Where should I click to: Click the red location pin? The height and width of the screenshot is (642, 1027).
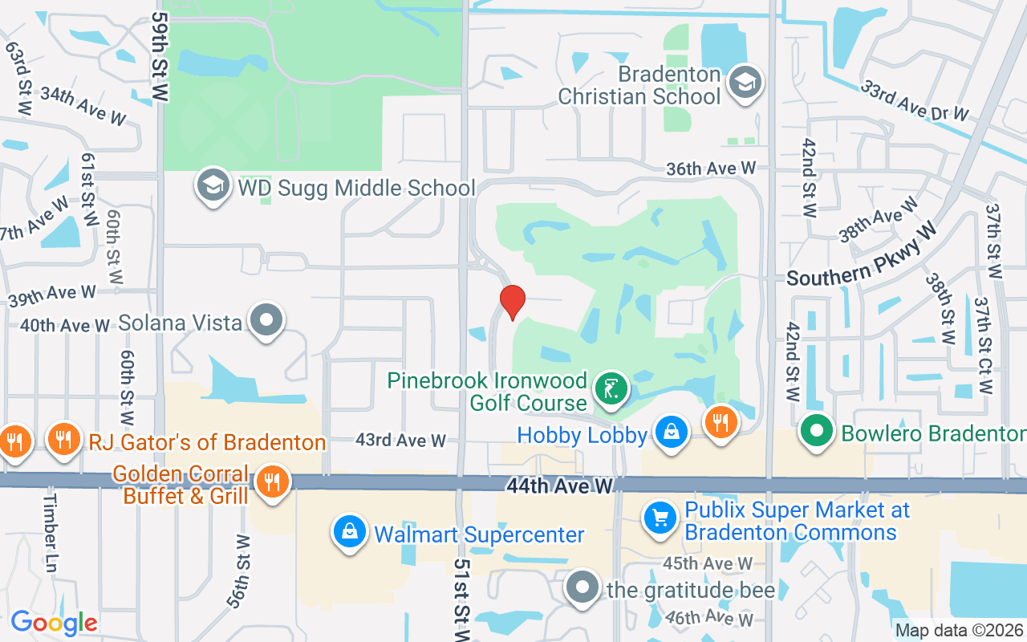point(512,302)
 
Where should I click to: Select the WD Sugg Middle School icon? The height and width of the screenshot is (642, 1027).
point(213,186)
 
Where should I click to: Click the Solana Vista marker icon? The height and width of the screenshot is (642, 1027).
point(266,321)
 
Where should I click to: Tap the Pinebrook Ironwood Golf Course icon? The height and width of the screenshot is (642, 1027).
point(611,391)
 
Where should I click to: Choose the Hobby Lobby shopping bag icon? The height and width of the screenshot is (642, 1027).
point(670,433)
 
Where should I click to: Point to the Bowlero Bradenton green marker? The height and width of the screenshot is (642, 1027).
point(817,432)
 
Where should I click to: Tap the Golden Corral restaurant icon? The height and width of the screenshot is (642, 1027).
point(273,482)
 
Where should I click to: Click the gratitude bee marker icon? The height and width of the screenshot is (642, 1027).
point(583,588)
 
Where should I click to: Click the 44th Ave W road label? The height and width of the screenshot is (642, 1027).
point(559,486)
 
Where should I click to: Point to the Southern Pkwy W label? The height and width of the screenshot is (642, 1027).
point(862,255)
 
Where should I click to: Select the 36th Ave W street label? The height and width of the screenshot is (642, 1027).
point(711,169)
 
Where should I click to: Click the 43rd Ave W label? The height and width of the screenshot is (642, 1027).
point(400,441)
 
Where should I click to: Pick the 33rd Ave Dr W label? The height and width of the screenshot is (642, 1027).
point(915,101)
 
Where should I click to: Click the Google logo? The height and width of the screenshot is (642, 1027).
point(54,623)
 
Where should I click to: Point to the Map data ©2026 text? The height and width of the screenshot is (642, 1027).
point(960,630)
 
